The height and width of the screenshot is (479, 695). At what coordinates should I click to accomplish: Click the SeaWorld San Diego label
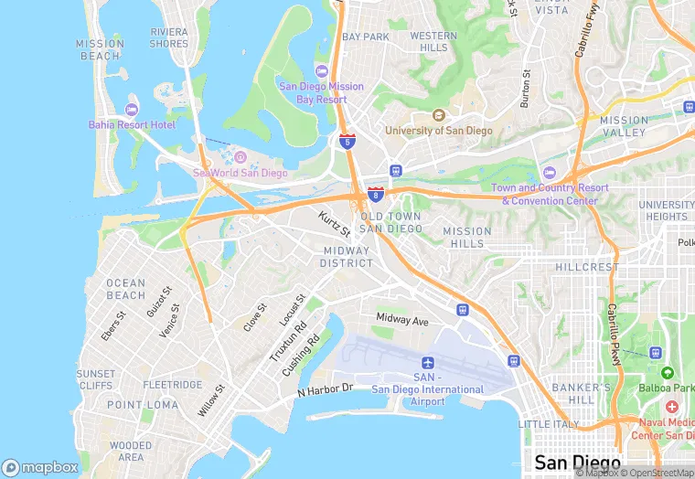[x=241, y=173]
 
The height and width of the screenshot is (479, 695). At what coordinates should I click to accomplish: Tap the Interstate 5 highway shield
[x=347, y=141]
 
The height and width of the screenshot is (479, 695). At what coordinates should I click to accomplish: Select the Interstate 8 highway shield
[x=375, y=194]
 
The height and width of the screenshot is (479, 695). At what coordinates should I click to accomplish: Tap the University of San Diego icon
[x=439, y=116]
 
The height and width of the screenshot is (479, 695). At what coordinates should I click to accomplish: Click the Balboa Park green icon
[x=667, y=373]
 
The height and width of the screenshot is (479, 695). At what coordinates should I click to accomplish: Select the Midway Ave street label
[x=402, y=320]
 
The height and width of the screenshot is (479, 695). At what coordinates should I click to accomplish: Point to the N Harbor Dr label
[x=325, y=390]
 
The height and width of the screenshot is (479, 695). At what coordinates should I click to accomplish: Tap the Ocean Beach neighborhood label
[x=126, y=289]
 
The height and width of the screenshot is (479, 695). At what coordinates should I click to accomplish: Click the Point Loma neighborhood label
[x=143, y=404]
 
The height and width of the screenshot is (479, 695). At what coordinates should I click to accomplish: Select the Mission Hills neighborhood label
[x=467, y=238]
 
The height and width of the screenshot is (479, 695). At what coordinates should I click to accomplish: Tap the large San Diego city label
[x=577, y=462]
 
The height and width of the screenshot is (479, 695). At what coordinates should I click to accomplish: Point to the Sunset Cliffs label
[x=96, y=379]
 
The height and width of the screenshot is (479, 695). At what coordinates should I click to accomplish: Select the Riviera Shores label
[x=168, y=37]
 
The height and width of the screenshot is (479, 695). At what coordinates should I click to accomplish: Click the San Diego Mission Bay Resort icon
[x=321, y=71]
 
